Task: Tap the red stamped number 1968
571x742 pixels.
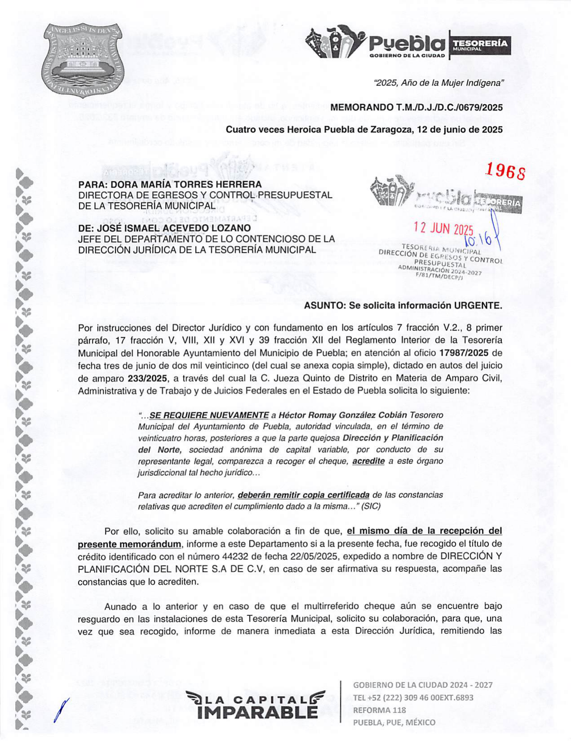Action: point(506,171)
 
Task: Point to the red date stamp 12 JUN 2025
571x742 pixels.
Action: point(443,229)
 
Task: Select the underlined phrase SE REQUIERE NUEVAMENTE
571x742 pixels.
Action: point(209,415)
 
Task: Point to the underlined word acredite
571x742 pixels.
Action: point(368,461)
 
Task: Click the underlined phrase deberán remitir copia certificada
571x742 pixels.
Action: point(303,495)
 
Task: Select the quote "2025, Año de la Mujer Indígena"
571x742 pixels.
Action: point(439,83)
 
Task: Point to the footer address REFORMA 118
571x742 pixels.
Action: point(379,710)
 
